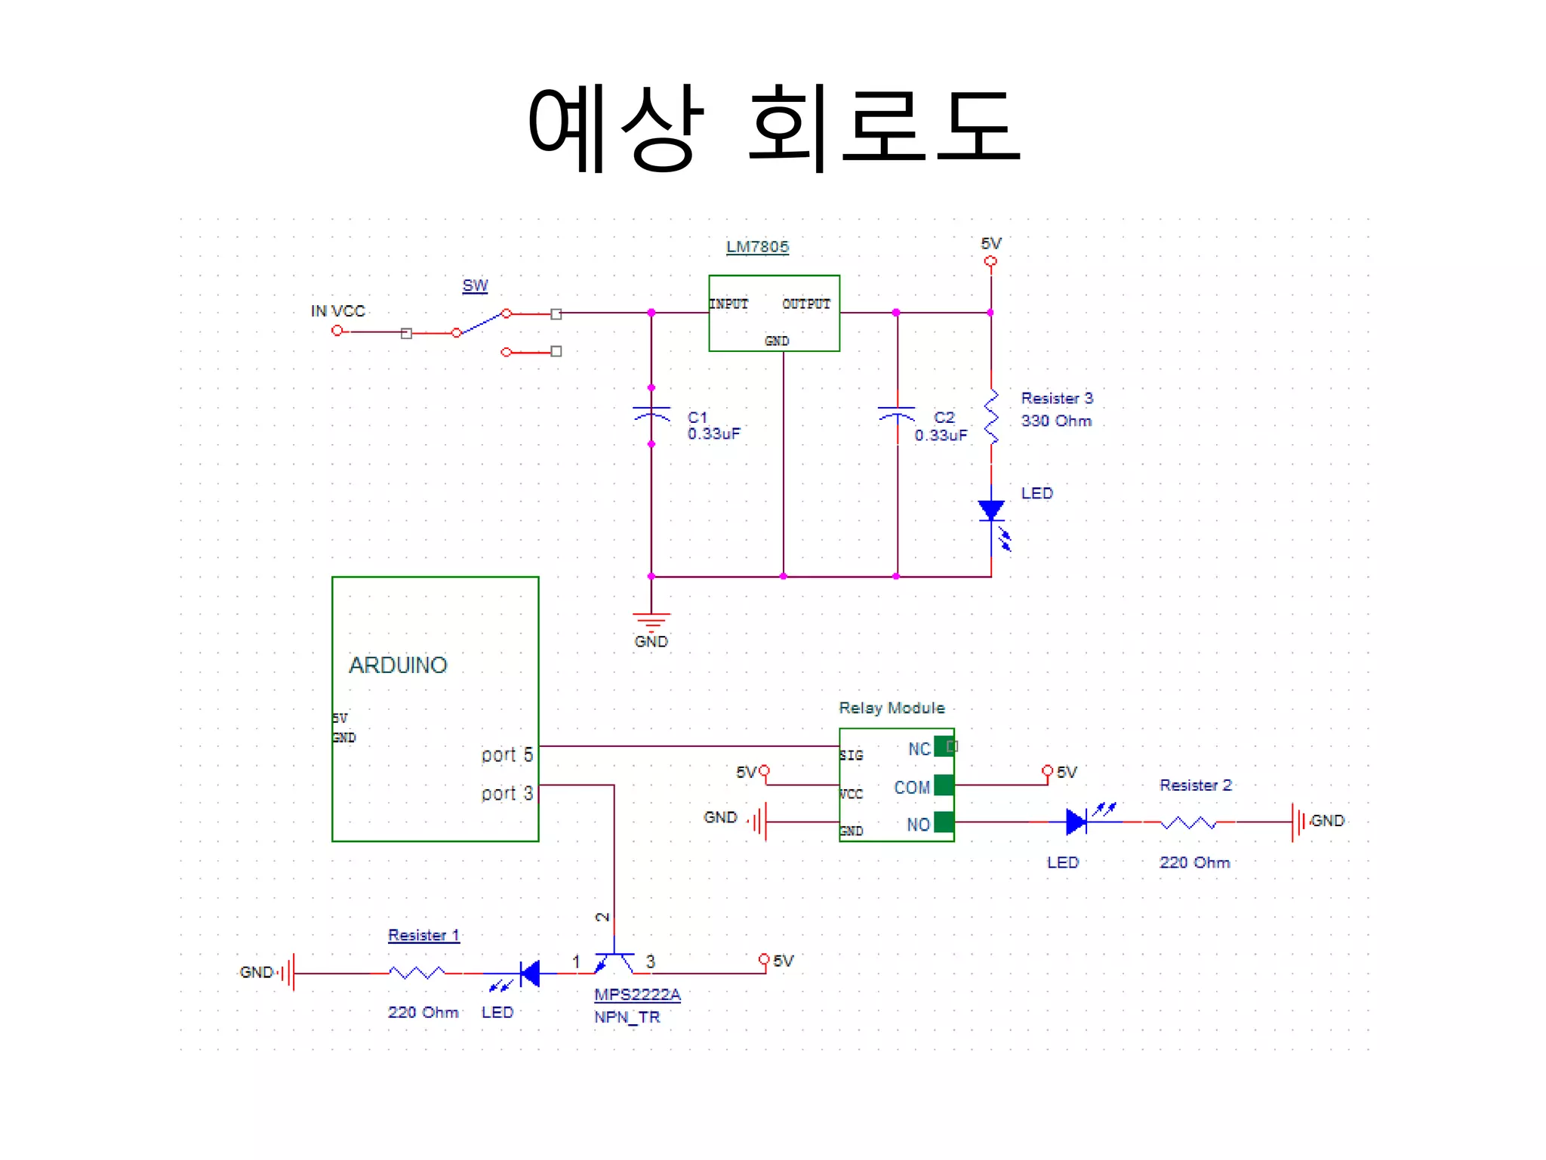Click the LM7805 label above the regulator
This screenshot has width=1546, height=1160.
point(756,247)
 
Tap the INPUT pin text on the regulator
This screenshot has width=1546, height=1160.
point(728,304)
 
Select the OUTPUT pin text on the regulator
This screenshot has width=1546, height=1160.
point(806,304)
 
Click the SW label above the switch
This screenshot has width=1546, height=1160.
point(475,285)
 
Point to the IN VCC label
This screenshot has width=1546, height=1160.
point(337,311)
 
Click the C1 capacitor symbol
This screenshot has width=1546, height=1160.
point(651,414)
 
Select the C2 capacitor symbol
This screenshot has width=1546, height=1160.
point(897,414)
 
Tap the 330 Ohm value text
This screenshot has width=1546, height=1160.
point(1056,421)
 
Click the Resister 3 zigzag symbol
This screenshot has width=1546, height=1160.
point(991,417)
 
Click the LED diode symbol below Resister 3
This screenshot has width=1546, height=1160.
point(992,512)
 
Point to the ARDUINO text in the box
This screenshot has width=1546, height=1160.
point(398,665)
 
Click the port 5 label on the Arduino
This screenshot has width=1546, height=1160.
point(507,754)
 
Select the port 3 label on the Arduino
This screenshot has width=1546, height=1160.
point(507,794)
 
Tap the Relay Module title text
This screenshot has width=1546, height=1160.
point(892,708)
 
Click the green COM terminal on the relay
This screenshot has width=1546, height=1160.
point(944,785)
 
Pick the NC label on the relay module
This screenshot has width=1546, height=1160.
point(919,749)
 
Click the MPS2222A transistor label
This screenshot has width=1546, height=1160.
point(637,995)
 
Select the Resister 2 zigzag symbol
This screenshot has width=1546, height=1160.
point(1188,822)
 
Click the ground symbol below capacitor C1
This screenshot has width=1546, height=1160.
point(651,622)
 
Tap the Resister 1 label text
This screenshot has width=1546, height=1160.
point(423,936)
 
